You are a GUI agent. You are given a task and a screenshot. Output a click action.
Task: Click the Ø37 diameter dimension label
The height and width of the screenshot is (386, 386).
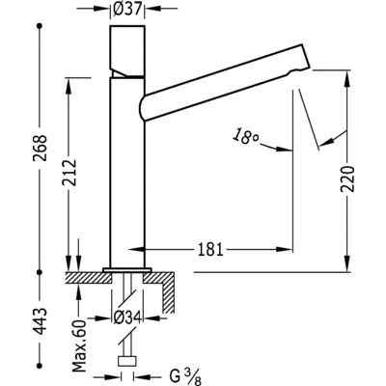[127, 9]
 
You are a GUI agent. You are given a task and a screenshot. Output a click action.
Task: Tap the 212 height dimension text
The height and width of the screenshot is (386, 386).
[69, 172]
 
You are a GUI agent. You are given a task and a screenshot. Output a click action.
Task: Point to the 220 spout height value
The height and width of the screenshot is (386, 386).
[347, 179]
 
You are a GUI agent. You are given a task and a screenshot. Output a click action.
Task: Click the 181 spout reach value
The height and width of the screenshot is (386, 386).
[210, 249]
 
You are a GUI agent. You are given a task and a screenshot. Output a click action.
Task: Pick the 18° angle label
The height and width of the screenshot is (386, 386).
[246, 136]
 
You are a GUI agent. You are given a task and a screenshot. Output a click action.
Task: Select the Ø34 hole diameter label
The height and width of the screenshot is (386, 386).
[127, 318]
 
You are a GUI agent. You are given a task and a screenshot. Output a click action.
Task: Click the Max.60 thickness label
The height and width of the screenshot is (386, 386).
[79, 346]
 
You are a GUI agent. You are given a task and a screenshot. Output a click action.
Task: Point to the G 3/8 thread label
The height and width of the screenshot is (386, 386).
[185, 377]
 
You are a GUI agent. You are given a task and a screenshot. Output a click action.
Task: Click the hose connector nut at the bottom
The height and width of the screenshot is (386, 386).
[127, 361]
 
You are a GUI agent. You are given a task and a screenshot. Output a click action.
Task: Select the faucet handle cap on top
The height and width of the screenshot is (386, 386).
[127, 51]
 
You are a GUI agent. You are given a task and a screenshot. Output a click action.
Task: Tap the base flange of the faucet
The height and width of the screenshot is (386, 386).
[127, 269]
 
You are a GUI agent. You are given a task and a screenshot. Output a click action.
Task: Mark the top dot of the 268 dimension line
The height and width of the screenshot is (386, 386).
[40, 25]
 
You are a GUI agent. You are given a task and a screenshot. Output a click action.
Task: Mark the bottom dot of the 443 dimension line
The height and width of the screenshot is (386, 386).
[40, 365]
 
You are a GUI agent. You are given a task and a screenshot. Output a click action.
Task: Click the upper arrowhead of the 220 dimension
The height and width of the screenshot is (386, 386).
[347, 78]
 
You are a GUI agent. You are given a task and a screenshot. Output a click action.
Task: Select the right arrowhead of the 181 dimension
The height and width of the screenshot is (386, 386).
[284, 249]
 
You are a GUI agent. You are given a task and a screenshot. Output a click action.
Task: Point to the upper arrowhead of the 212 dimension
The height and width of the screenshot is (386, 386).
[69, 86]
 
